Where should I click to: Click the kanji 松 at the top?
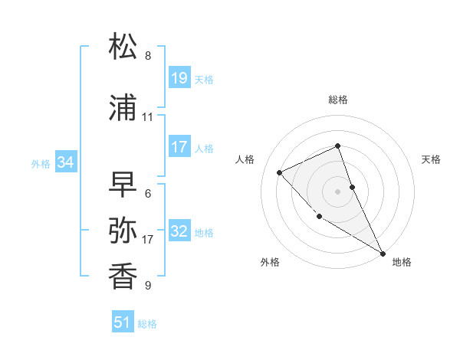(123, 47)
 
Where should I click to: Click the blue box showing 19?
(179, 77)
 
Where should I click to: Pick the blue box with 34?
(66, 162)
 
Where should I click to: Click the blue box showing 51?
(123, 322)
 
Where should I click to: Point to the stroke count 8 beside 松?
(148, 56)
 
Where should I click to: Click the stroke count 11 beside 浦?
(148, 117)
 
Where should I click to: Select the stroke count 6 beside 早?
(148, 194)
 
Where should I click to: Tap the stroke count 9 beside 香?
(148, 286)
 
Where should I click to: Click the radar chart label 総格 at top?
(337, 100)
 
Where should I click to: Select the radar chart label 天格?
(432, 159)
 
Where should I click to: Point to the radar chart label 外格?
(269, 262)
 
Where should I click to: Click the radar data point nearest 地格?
(383, 253)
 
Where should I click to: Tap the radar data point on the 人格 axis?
(280, 172)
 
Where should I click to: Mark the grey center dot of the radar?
(337, 191)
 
